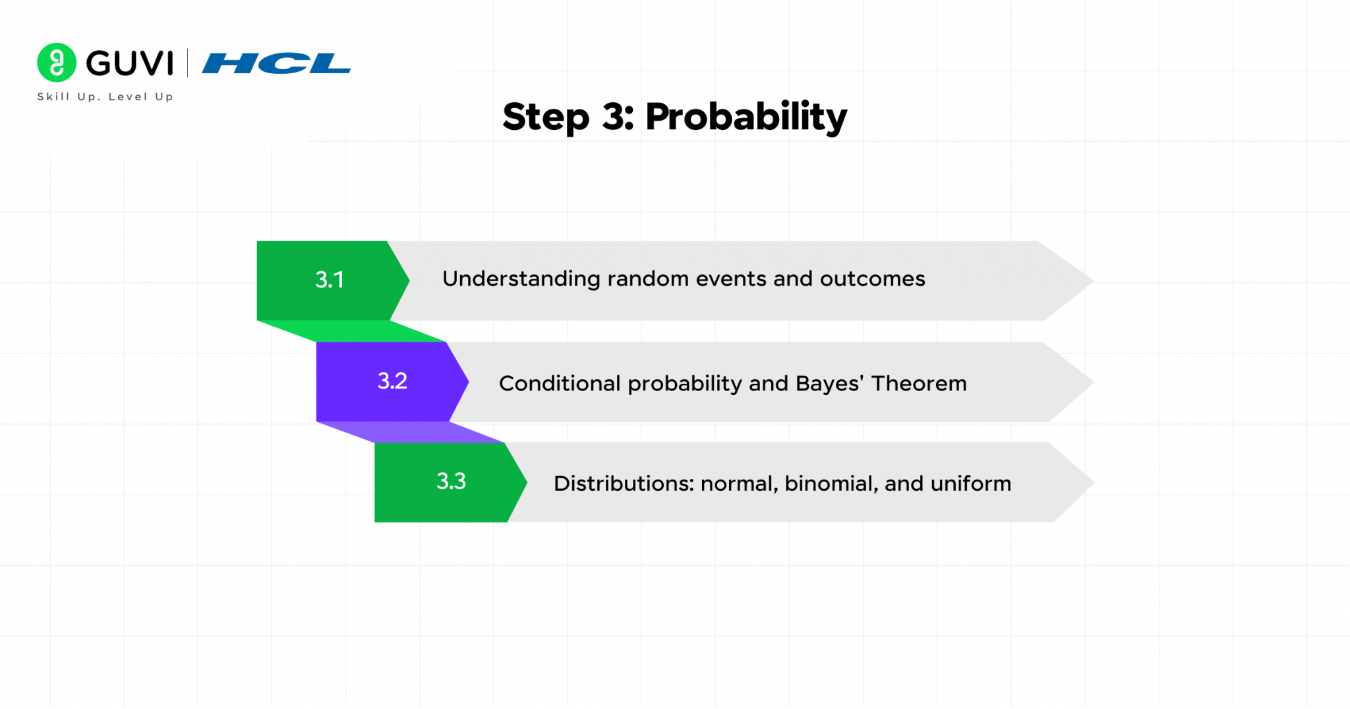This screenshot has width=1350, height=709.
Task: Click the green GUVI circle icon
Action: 57,63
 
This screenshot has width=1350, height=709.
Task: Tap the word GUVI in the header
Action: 130,63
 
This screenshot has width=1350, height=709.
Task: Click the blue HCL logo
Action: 276,63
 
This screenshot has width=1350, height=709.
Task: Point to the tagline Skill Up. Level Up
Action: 105,97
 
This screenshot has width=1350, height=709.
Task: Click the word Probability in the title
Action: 746,117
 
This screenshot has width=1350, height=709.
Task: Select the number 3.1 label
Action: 330,280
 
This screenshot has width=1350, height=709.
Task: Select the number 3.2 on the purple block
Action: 392,381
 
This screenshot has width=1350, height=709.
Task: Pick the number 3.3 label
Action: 451,481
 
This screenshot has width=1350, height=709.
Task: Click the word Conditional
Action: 560,384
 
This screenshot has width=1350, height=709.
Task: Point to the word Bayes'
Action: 829,383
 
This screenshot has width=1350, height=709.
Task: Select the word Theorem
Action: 919,383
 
